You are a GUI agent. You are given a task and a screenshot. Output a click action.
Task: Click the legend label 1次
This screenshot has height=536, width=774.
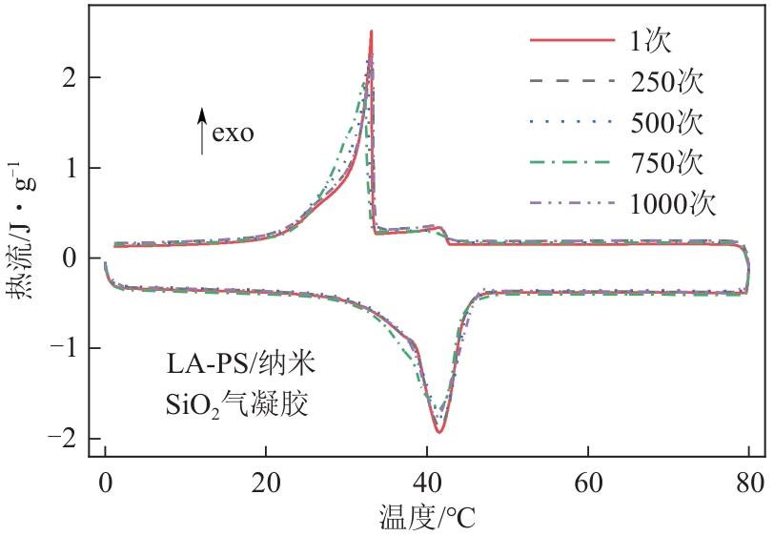(653, 42)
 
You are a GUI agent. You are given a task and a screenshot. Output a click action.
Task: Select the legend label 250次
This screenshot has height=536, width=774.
(666, 82)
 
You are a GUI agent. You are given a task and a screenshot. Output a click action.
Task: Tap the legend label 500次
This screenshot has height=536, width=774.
(666, 123)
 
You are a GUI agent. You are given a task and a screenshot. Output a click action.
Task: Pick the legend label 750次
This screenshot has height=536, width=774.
(666, 163)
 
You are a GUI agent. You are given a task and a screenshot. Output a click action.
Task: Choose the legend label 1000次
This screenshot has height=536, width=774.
(673, 203)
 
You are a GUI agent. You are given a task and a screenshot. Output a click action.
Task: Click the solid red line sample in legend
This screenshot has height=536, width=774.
(571, 42)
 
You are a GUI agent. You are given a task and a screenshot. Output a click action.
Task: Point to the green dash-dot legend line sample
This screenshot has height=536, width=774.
(571, 163)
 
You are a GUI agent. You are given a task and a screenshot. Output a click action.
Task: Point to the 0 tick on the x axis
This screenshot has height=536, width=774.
(105, 478)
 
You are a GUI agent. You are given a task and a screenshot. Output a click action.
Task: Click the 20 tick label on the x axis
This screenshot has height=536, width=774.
(266, 478)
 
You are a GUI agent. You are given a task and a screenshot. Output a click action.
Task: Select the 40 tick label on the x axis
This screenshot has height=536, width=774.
(428, 478)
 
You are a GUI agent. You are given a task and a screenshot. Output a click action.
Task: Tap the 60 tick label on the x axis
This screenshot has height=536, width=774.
(589, 478)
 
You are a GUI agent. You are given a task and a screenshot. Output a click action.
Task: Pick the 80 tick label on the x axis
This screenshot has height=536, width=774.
(750, 478)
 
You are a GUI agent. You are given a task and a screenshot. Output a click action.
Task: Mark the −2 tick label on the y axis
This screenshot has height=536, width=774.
(62, 439)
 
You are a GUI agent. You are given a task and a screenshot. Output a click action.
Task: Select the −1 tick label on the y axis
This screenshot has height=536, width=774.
(62, 349)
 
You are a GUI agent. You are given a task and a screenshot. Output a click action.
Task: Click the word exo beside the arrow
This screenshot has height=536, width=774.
(233, 133)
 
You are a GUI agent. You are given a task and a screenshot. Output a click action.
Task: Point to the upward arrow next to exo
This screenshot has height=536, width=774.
(202, 131)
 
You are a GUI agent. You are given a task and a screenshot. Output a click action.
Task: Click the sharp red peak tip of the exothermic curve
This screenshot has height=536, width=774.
(371, 31)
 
